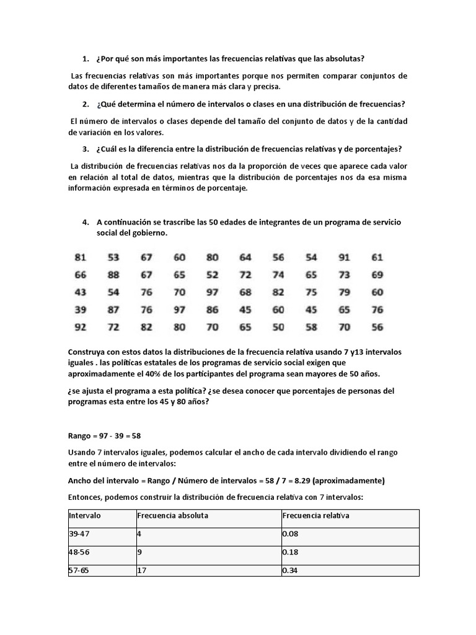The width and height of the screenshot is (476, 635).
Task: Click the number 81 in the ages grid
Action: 80,257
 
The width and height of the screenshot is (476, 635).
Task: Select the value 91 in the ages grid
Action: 344,257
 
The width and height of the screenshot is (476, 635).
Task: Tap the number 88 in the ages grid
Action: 113,275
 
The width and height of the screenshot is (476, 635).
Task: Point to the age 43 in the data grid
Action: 80,292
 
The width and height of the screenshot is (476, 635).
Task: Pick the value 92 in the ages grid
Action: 80,327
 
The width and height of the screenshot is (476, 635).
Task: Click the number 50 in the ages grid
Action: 278,327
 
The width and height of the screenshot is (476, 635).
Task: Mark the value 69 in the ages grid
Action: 377,275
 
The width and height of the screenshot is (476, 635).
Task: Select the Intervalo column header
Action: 85,515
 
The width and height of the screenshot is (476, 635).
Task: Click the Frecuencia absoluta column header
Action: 172,515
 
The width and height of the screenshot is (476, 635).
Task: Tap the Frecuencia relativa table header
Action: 315,515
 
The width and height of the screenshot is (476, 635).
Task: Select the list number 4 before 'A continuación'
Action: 84,222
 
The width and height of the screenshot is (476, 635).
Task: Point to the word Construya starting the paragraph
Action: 90,352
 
